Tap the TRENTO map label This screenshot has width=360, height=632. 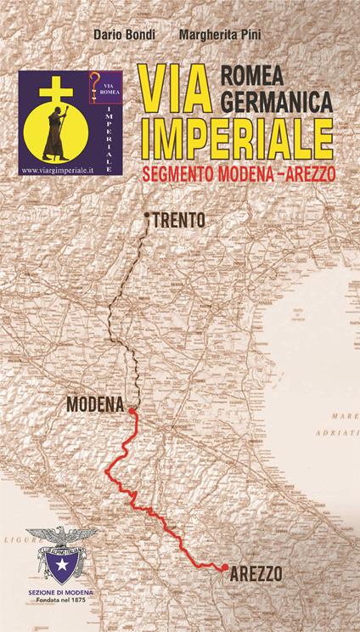point(180,219)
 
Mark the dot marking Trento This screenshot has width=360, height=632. point(148,215)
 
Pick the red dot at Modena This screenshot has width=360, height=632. point(132,412)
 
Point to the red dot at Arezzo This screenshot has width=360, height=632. point(223,567)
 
